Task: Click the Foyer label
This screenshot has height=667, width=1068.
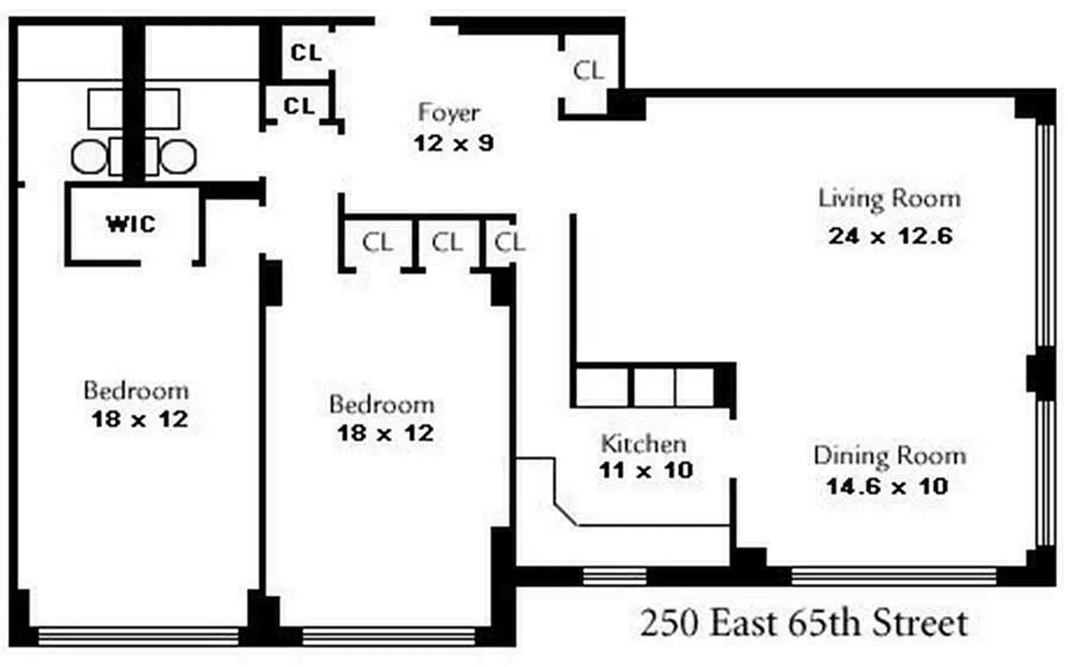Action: [x=449, y=112]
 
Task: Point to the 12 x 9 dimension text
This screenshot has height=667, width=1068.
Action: [x=454, y=143]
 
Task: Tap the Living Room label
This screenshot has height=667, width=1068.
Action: [x=889, y=199]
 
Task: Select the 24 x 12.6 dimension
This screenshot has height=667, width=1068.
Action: [x=890, y=236]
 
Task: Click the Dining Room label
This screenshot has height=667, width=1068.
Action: [x=890, y=456]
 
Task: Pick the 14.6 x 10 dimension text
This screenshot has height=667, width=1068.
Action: [x=887, y=486]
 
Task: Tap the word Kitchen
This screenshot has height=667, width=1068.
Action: [x=644, y=443]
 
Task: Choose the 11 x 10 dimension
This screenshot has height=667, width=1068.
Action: [x=645, y=470]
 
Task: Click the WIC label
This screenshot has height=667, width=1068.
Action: [x=131, y=224]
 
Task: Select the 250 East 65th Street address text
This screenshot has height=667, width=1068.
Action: [x=804, y=623]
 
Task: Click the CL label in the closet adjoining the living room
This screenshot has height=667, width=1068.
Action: [x=588, y=71]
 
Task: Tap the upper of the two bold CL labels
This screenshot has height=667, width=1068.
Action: [x=305, y=52]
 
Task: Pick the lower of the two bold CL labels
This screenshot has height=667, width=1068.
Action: [x=299, y=106]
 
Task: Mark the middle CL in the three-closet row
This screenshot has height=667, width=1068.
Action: [x=447, y=243]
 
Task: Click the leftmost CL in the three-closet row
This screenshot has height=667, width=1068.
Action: [x=378, y=243]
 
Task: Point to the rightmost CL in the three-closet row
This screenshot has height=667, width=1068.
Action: [x=509, y=243]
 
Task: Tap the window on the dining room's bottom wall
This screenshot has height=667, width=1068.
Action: [x=893, y=575]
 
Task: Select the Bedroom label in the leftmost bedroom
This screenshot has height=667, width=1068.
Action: [x=136, y=390]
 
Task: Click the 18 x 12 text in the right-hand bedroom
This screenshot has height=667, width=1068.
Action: [x=384, y=434]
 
